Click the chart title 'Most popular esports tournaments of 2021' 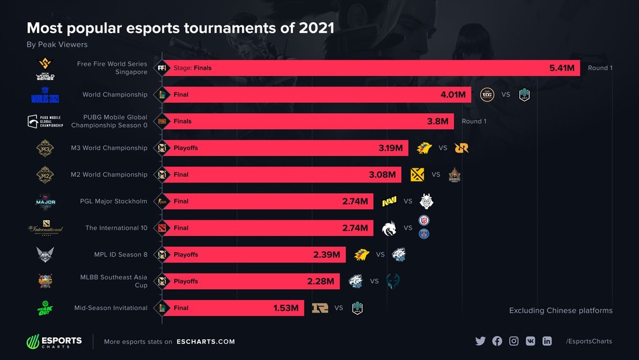tap(180, 28)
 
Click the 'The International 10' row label tap(116, 228)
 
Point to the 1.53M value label tap(286, 308)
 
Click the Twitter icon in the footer tap(481, 341)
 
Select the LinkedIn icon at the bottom tap(547, 341)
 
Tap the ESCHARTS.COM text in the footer tap(205, 342)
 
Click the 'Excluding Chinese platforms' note tap(560, 311)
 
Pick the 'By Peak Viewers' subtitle tap(57, 45)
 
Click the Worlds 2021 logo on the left tap(45, 95)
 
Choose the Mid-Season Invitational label tap(110, 308)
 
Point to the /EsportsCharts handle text tap(588, 341)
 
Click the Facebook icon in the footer tap(497, 341)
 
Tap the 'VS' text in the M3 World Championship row tap(442, 148)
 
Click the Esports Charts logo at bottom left tap(54, 341)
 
